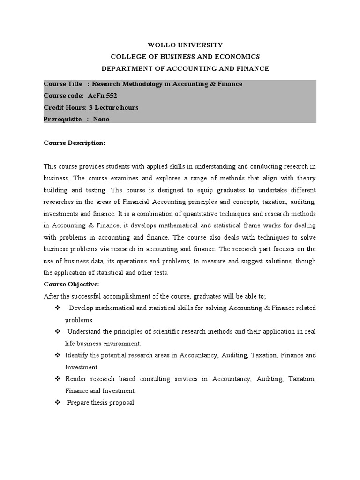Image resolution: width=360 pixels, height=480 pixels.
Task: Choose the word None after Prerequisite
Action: (x=101, y=119)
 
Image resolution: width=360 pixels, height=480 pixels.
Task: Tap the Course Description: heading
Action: (x=74, y=142)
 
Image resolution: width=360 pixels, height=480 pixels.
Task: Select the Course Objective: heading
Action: (x=71, y=284)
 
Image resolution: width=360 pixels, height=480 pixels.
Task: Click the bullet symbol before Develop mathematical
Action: (x=58, y=308)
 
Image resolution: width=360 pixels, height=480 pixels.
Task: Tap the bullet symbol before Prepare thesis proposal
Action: (x=58, y=402)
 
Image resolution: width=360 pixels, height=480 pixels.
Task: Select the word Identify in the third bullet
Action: (x=76, y=355)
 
